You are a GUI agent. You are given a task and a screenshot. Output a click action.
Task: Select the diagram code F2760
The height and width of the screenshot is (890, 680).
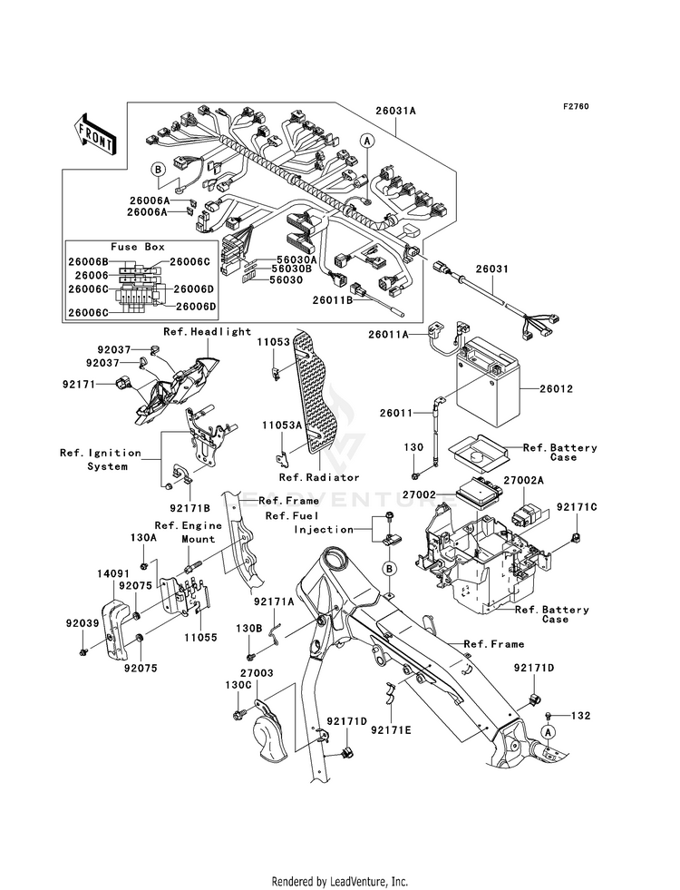(x=576, y=106)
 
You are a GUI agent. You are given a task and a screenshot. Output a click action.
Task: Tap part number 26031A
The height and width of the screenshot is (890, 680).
(x=395, y=111)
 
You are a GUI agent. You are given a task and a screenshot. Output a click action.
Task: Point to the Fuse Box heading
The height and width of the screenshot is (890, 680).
(x=137, y=247)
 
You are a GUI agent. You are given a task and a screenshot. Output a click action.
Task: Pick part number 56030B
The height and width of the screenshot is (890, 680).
(x=291, y=269)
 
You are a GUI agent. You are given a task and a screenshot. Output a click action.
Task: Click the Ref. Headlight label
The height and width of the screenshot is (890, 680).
(x=207, y=331)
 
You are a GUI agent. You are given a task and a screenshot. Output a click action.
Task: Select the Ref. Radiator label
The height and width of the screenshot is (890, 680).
(x=319, y=477)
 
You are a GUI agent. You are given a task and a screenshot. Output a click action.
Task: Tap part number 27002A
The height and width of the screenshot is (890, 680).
(x=523, y=481)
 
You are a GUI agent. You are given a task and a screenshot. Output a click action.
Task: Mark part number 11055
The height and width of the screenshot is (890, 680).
(x=200, y=638)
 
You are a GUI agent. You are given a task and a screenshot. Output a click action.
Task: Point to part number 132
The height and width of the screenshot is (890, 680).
(x=580, y=717)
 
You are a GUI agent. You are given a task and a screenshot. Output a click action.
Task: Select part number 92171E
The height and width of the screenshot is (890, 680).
(x=392, y=729)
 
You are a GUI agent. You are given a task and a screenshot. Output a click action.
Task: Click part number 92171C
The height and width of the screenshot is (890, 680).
(x=577, y=506)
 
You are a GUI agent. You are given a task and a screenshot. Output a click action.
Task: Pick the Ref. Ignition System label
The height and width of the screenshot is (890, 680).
(x=101, y=460)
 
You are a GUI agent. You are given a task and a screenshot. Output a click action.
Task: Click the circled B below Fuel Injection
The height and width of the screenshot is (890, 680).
(x=390, y=569)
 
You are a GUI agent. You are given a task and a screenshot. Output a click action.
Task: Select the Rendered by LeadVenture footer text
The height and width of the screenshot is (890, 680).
(x=340, y=881)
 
